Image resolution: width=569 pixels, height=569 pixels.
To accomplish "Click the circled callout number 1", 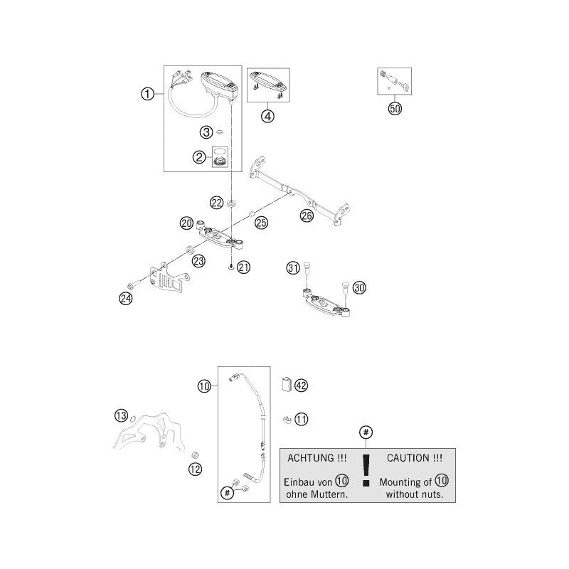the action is coord(147,94).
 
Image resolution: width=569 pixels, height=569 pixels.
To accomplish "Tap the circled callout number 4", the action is coord(268,116).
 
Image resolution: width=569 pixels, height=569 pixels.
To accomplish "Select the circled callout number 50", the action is coord(395,109).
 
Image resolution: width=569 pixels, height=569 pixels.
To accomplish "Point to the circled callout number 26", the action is coord(307,216).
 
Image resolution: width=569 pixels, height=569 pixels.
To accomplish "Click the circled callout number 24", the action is coord(126,299).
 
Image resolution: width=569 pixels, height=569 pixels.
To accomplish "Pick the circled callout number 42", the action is coord(301,385).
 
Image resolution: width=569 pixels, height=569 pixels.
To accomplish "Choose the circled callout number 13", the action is coord(121,415).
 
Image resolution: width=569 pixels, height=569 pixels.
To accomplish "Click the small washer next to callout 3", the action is coord(219,132).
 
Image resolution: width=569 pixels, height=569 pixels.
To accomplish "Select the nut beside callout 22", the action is coord(230,203).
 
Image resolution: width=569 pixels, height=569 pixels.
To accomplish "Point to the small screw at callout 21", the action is coord(230,268).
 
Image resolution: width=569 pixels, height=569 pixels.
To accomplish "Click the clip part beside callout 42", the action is coord(287,385).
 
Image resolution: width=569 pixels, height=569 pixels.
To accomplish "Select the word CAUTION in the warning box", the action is coord(405,458).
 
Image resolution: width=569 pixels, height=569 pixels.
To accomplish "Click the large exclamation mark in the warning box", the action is coord(366,469).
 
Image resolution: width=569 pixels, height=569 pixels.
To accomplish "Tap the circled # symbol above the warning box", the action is coord(366,432).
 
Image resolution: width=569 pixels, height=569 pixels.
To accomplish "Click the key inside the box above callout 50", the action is coord(405,85).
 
